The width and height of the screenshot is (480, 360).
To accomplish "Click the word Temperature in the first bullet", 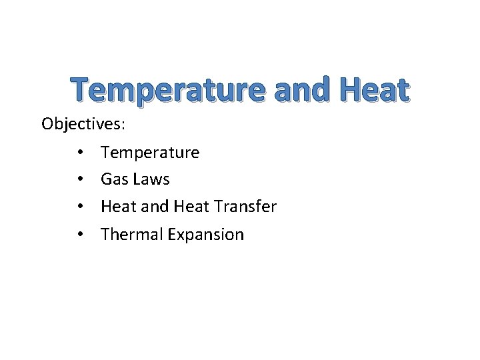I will point(150,153).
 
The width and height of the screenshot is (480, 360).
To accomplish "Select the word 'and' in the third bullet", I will point(154,207).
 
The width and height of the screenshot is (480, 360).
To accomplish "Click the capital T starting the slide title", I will point(81,91).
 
